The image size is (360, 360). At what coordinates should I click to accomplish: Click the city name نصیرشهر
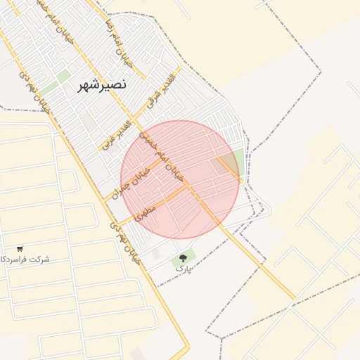[101, 84]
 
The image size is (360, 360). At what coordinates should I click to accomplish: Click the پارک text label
[183, 269]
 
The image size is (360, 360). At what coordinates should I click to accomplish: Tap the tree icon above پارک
[184, 258]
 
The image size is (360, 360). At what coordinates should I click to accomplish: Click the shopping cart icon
[20, 249]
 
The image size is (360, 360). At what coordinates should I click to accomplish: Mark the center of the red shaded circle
[180, 180]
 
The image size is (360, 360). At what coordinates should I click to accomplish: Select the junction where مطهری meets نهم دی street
[117, 224]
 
